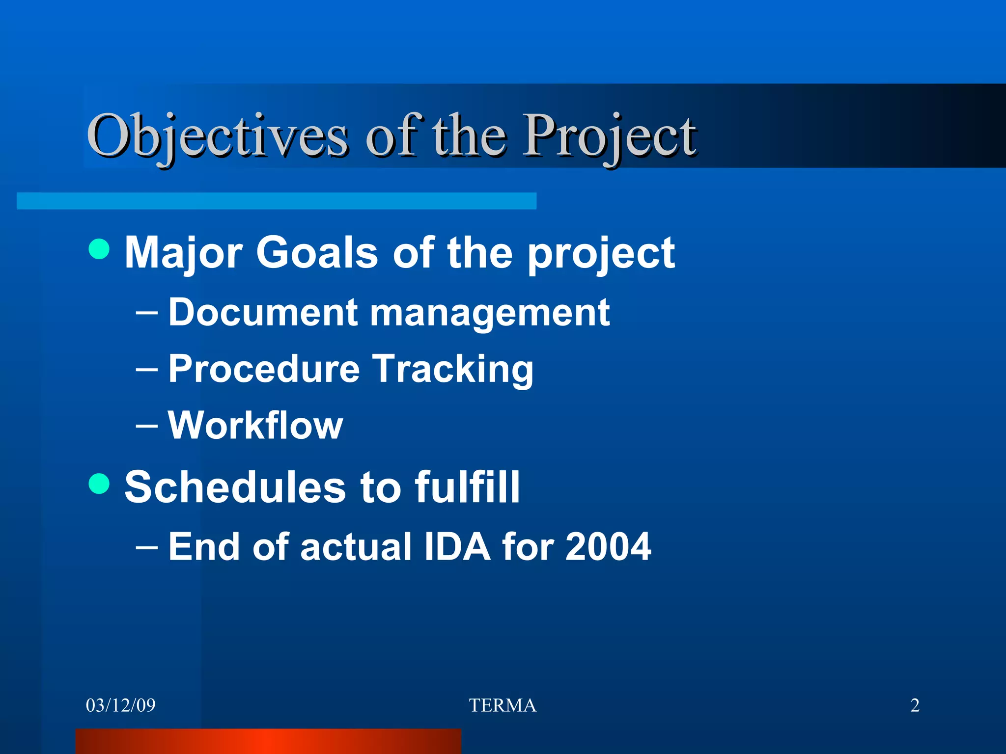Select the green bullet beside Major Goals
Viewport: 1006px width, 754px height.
(99, 249)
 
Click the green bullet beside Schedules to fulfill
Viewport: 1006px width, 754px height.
(99, 484)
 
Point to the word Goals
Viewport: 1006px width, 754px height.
(317, 253)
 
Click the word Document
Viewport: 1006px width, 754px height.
(263, 312)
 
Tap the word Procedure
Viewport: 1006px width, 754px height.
(264, 369)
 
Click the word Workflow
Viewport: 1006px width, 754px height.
(255, 425)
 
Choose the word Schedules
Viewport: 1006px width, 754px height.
(235, 487)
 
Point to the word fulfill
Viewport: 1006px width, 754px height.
(467, 487)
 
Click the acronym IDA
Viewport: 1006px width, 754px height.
(457, 546)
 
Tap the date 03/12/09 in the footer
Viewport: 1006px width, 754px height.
(121, 705)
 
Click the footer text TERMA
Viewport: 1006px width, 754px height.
(503, 705)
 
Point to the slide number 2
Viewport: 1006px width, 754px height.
(915, 705)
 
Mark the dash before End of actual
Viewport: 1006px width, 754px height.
(146, 547)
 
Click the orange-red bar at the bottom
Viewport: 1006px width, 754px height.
(268, 741)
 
